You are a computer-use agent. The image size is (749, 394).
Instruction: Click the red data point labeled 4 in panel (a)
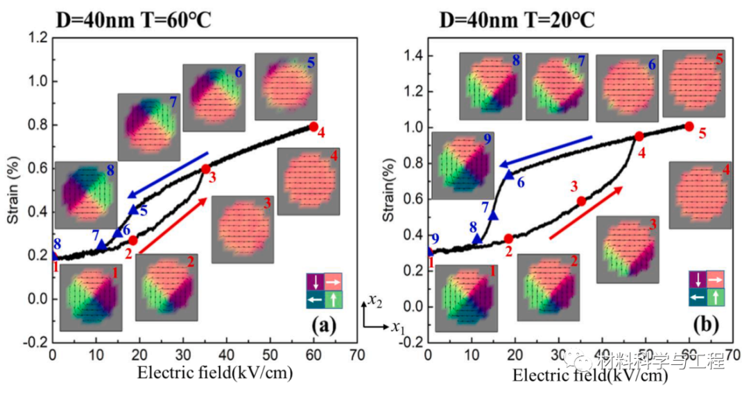pos(313,127)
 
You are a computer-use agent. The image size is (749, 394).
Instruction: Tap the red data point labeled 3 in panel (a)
pos(206,169)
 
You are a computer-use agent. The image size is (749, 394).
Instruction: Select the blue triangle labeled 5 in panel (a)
pos(134,209)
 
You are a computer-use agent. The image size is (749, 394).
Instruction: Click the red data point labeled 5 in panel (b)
pos(689,126)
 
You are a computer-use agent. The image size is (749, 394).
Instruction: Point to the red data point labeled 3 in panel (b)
pos(581,201)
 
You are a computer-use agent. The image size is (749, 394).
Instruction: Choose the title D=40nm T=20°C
pos(517,17)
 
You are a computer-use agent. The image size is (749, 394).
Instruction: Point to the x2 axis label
pos(374,301)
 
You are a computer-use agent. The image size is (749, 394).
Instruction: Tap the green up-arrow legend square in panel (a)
pos(334,298)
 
